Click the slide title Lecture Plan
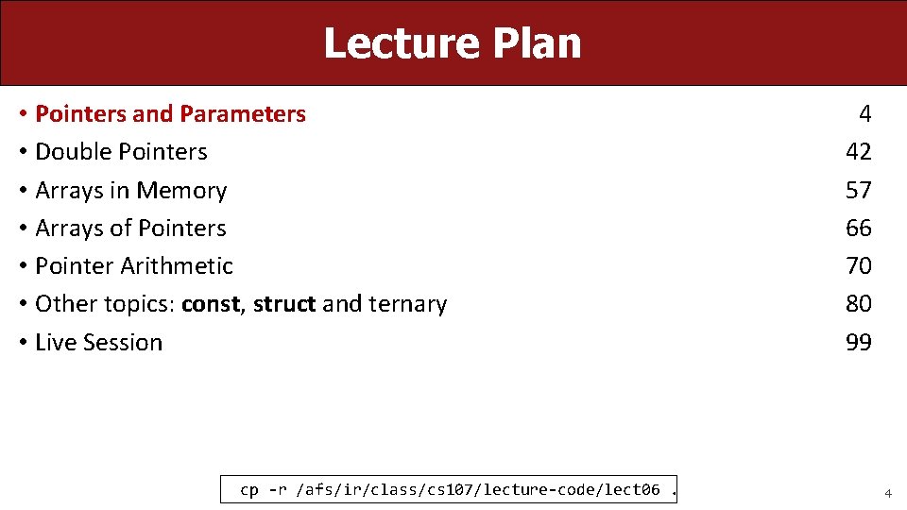point(453,43)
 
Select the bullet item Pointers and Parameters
point(170,114)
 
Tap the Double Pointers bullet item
point(121,152)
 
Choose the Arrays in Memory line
point(130,191)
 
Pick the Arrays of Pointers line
point(130,229)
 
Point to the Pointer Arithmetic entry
point(133,266)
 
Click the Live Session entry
point(98,342)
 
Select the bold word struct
point(284,304)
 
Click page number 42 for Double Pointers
point(858,152)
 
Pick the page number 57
point(858,191)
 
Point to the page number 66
point(858,229)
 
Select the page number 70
point(858,266)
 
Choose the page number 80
point(858,304)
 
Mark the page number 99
point(858,342)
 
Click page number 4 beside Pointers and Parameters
point(864,114)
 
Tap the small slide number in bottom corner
point(887,493)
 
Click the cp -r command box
point(451,489)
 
